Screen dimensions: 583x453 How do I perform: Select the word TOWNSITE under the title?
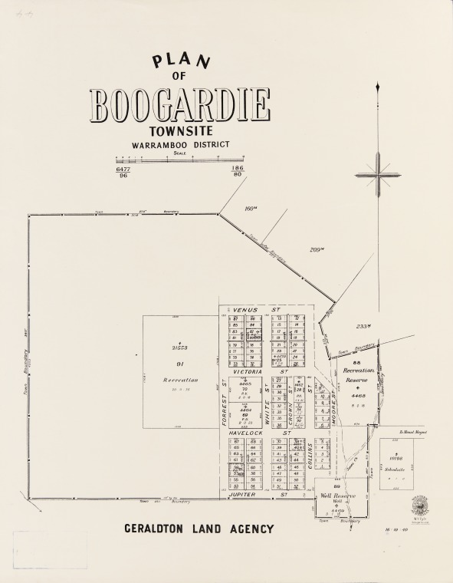[180, 132]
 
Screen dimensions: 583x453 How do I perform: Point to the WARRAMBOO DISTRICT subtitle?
[180, 145]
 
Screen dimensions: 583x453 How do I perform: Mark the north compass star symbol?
[378, 175]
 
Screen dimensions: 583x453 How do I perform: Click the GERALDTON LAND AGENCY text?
[199, 529]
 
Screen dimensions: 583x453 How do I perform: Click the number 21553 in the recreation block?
[180, 348]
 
